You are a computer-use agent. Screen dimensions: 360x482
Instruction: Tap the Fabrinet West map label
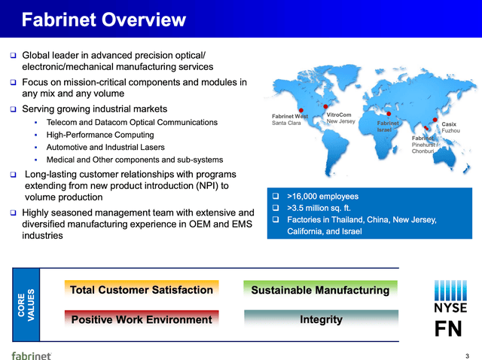(289, 116)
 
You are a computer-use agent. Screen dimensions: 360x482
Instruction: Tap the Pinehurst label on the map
(426, 145)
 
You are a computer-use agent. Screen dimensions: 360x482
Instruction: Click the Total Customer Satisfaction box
(142, 290)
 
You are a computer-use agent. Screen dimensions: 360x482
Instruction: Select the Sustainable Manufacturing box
(320, 290)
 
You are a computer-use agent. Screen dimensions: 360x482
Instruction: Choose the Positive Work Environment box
(142, 319)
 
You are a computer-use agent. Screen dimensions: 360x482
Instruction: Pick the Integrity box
(320, 319)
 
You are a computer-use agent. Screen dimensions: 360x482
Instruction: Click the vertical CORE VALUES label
(26, 304)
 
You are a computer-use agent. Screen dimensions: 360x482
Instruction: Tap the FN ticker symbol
(450, 330)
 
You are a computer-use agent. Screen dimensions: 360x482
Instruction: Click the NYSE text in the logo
(450, 307)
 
